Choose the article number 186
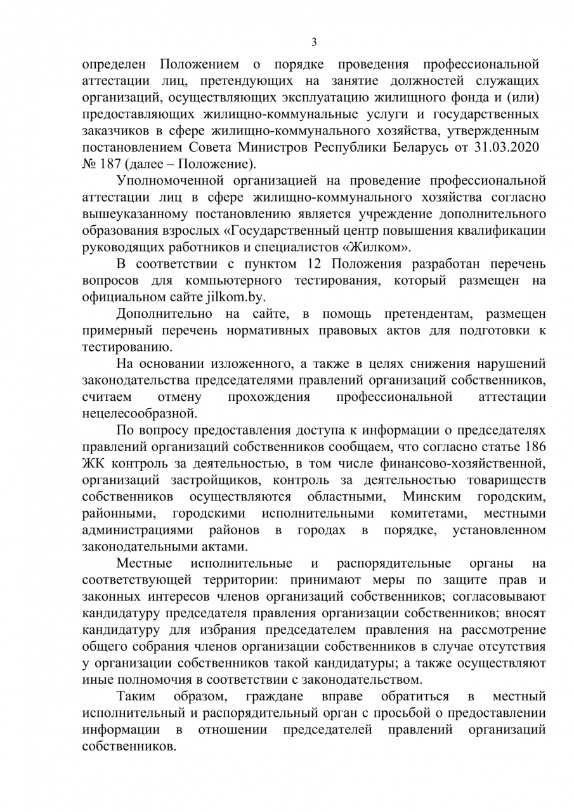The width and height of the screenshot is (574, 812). coord(533,445)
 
